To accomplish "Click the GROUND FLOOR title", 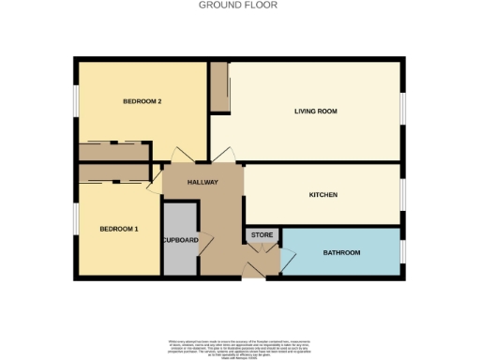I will click(238, 5).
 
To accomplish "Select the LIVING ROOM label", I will click(315, 111).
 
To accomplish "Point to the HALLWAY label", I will click(202, 183).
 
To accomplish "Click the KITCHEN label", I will click(323, 195).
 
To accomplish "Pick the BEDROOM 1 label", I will click(119, 229).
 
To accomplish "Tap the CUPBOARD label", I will click(180, 240).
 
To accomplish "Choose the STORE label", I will click(262, 234).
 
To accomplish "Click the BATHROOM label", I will click(341, 253).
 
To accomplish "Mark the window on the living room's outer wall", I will click(403, 111).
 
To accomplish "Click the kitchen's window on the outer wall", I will click(403, 195).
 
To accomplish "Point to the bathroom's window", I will click(403, 251).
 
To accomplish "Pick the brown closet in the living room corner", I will click(218, 88).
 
